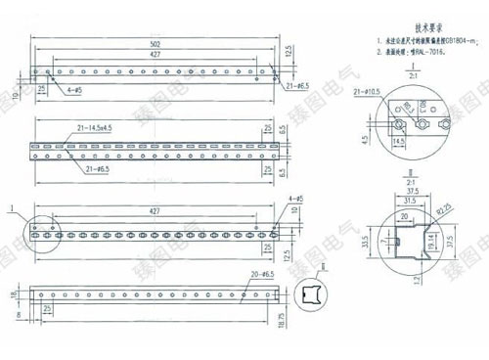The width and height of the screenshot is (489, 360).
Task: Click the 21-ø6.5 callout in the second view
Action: [100, 169]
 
